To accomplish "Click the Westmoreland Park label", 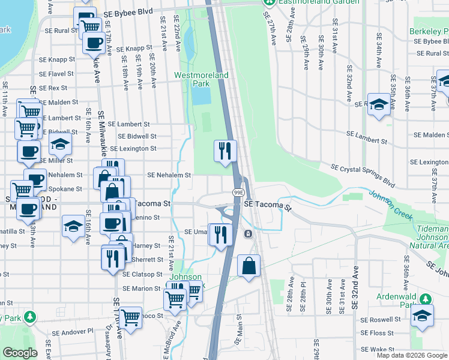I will click(x=202, y=80).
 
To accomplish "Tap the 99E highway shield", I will click(x=238, y=192).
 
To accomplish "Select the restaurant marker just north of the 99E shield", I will click(x=225, y=151).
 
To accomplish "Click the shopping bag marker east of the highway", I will click(x=249, y=266).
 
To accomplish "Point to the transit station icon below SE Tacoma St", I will click(x=247, y=233).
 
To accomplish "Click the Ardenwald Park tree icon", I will click(x=425, y=298).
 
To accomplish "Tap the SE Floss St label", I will click(x=377, y=333).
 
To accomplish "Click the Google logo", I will click(x=19, y=353).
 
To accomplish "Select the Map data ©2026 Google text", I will click(x=412, y=355).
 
